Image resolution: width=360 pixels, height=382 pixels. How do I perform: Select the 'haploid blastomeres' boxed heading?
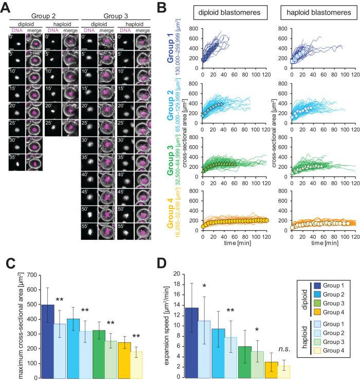(309, 13)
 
